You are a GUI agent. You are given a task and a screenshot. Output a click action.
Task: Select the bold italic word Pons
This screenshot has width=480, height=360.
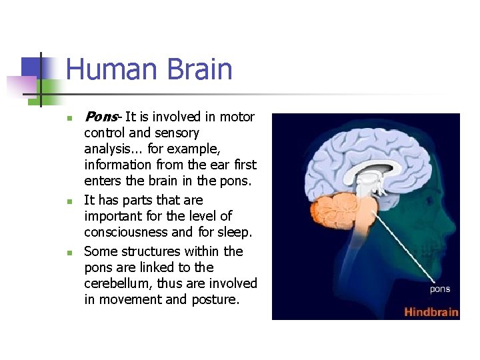coord(100,117)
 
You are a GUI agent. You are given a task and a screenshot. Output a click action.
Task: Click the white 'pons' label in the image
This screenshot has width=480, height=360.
coord(439,289)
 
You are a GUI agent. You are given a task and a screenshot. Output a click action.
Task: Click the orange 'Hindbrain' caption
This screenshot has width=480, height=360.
coord(431,311)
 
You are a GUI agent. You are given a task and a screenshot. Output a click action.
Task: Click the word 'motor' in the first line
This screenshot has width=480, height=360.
coord(237,117)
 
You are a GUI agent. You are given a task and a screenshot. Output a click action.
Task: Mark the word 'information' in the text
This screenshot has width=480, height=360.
coord(117,165)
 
